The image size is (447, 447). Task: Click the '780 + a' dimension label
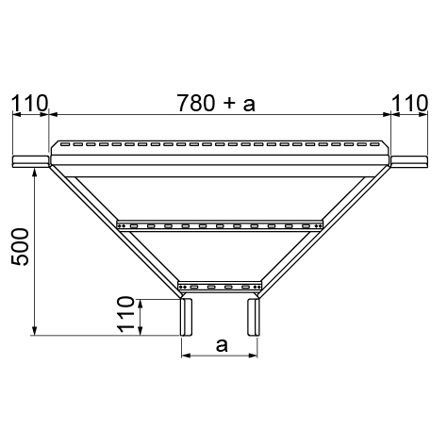coord(217,103)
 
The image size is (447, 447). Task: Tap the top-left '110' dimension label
coord(30,103)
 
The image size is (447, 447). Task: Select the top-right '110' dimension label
coord(410,103)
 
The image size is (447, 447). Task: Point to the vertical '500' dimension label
coord(20,247)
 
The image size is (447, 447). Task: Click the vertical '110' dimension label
coord(125,315)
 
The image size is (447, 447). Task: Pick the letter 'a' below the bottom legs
coord(222,345)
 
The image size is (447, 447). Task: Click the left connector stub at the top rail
coord(30,161)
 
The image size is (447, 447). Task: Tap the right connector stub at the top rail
coord(409,161)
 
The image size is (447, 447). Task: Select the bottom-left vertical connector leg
coord(186,317)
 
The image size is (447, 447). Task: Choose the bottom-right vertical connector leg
coord(254,317)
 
